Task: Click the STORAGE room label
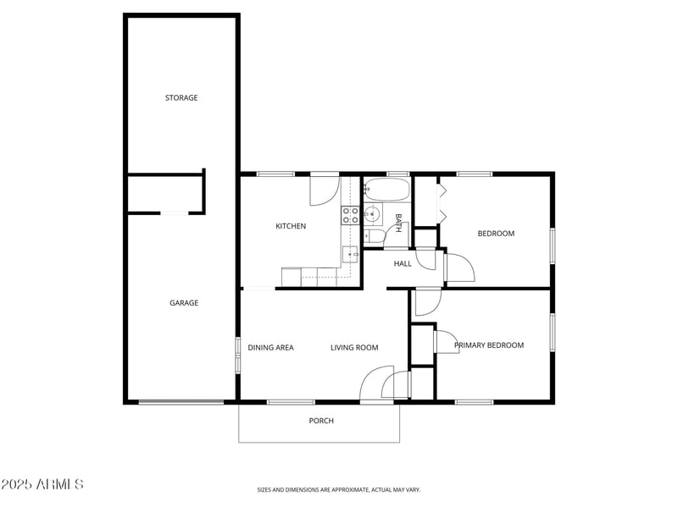[x=181, y=98]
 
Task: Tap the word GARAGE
[x=184, y=303]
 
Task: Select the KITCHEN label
[x=291, y=226]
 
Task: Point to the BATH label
[x=397, y=223]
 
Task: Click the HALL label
[x=403, y=263]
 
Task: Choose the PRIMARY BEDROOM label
[x=489, y=345]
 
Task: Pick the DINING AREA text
[x=270, y=348]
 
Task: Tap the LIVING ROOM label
[x=354, y=348]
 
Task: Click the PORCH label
[x=321, y=421]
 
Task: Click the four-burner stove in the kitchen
[x=350, y=215]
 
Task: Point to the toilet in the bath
[x=373, y=235]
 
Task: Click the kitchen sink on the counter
[x=350, y=253]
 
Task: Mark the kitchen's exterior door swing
[x=324, y=190]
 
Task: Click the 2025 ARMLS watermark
[x=42, y=485]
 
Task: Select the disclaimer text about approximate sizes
[x=338, y=489]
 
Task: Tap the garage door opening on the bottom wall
[x=181, y=402]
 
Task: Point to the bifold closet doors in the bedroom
[x=441, y=201]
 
